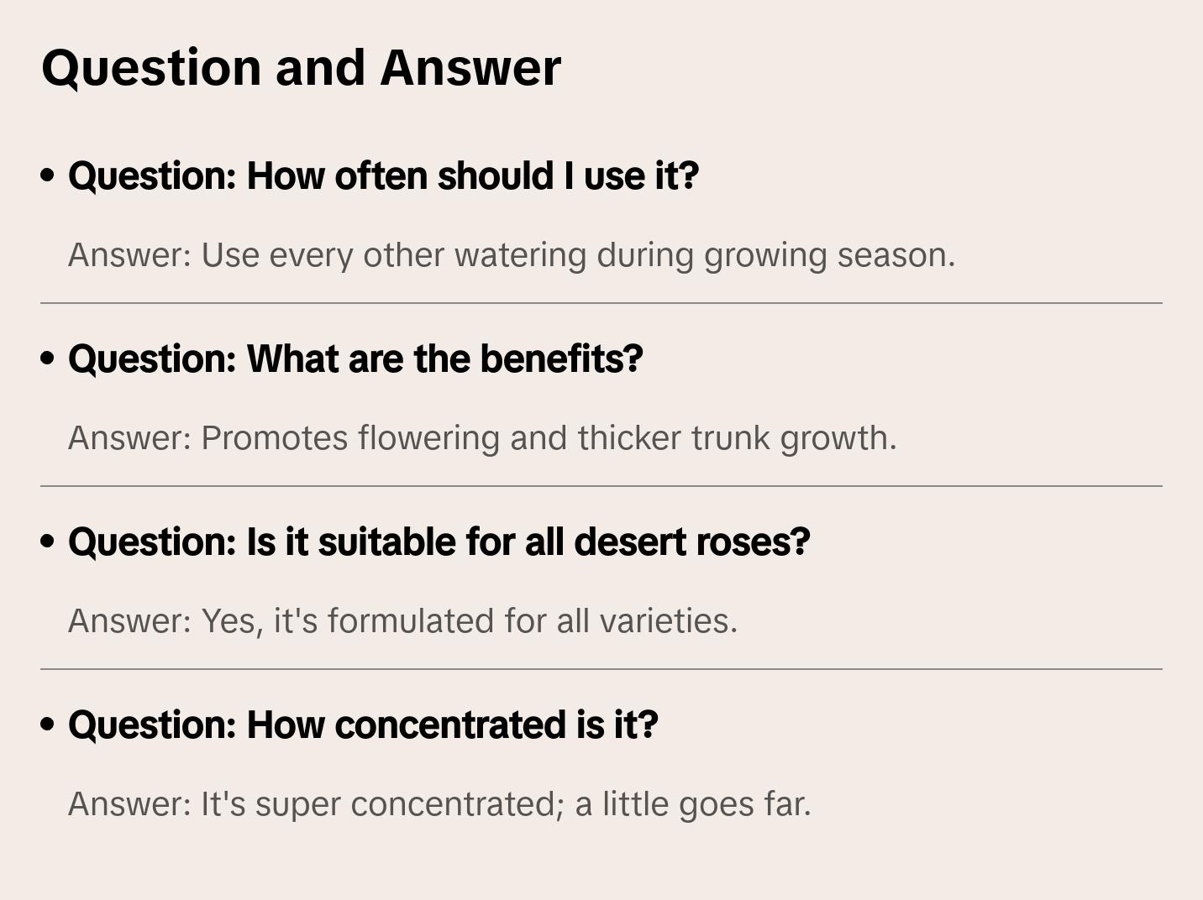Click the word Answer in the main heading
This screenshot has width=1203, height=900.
470,68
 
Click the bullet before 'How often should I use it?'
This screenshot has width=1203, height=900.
48,175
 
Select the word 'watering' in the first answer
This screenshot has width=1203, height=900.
520,256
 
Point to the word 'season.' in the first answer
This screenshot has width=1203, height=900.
896,256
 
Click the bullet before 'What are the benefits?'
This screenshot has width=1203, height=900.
48,358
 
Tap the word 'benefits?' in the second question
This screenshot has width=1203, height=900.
561,358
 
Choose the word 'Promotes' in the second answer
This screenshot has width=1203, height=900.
275,438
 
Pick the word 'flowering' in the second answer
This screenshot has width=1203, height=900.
428,438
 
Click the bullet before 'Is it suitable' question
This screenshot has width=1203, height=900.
48,542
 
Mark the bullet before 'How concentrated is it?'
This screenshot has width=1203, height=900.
48,725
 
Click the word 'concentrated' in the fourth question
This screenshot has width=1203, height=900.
450,725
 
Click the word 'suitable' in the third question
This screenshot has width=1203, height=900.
387,542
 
